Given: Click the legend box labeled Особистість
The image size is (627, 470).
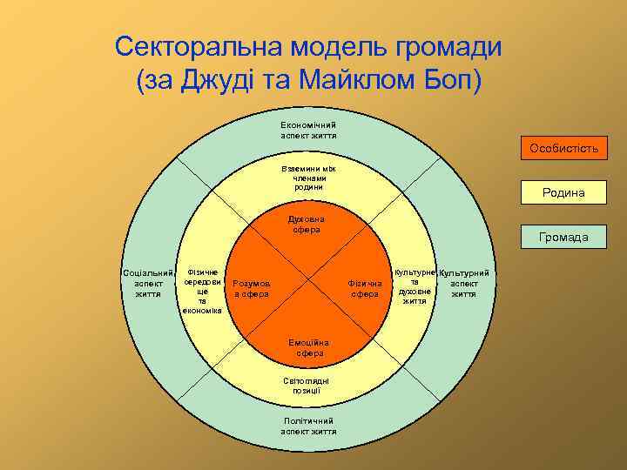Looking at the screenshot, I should click(x=563, y=149).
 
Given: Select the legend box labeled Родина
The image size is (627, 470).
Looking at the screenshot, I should click(x=563, y=193).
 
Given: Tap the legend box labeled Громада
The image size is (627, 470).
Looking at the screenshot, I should click(x=563, y=237).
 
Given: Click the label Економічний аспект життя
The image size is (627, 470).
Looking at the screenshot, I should click(x=308, y=130).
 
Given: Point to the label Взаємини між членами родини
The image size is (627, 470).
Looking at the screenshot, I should click(x=308, y=177).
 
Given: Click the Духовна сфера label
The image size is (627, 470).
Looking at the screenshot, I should click(x=307, y=225).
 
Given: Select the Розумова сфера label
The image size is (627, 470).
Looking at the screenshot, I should click(x=252, y=288).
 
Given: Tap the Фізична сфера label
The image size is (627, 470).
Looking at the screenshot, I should click(x=365, y=288).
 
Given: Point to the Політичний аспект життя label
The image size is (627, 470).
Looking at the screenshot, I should click(x=308, y=426).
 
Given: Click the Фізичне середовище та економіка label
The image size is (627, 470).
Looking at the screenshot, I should click(x=202, y=291).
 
